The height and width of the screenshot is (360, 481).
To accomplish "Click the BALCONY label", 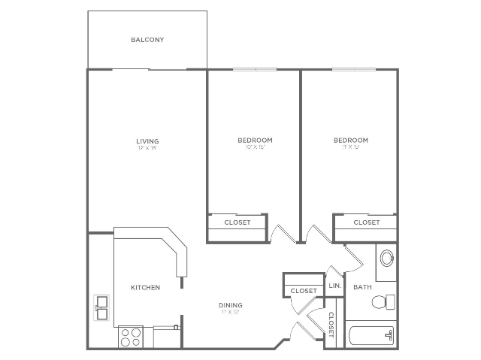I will (x=147, y=40).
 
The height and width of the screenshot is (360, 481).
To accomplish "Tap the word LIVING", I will (x=147, y=141).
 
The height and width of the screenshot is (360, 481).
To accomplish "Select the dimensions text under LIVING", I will (x=147, y=148).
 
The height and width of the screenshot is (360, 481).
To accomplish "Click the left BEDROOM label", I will (x=255, y=141).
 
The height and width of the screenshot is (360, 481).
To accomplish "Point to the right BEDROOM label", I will (x=351, y=141).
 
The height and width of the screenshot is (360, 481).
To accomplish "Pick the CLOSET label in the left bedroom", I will (x=237, y=222).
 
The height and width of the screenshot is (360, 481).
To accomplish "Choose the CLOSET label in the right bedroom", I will (x=366, y=222).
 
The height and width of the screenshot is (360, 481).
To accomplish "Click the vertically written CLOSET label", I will (x=331, y=325).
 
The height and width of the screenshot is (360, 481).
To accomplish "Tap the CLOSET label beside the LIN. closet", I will (x=304, y=290).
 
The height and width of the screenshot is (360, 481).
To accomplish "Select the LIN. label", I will (x=335, y=286).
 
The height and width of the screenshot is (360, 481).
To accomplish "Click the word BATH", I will (x=362, y=287).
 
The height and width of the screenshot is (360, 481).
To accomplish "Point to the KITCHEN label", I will (x=145, y=287).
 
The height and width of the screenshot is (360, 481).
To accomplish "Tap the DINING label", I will (x=230, y=305).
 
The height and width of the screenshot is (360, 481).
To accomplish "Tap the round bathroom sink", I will (x=386, y=259).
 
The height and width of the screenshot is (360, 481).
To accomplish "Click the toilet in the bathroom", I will (x=383, y=302).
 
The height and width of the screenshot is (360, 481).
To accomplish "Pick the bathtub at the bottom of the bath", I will (x=371, y=335).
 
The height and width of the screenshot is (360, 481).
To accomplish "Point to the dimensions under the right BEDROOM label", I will (x=351, y=148).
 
